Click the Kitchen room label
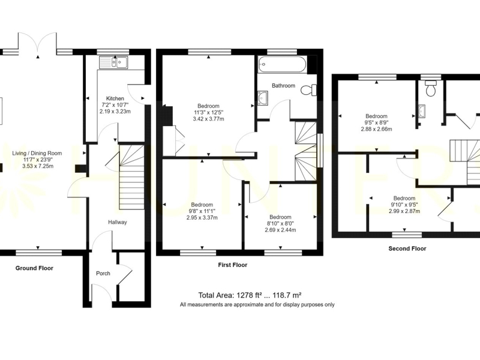click(115, 98)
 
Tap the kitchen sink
click(115, 62)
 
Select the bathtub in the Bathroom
click(282, 64)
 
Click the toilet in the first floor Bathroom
click(309, 91)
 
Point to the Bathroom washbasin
click(263, 98)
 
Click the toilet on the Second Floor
click(431, 88)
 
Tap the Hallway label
click(117, 222)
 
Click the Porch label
click(103, 274)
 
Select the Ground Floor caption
click(34, 268)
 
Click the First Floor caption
click(233, 265)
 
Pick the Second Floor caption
click(407, 248)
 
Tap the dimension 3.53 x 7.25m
click(38, 166)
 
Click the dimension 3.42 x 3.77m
click(208, 119)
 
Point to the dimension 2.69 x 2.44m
click(280, 230)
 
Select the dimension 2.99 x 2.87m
click(404, 211)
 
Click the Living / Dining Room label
click(37, 154)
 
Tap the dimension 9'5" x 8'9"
click(377, 122)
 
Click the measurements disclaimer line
click(257, 305)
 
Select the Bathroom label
click(283, 86)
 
